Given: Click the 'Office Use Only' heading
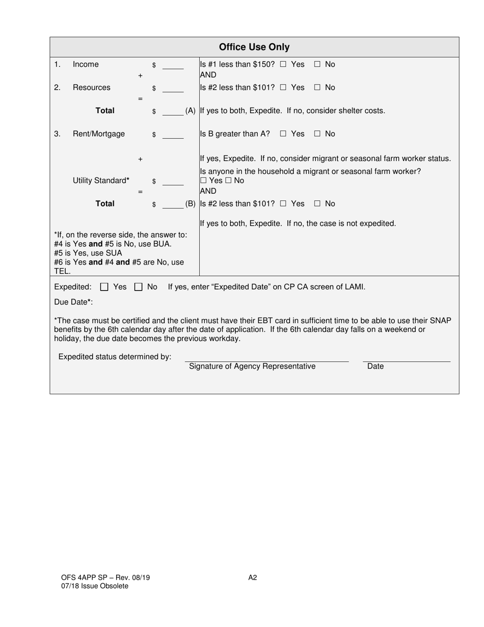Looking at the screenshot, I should point(254,47).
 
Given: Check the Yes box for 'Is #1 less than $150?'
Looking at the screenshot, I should point(283,65).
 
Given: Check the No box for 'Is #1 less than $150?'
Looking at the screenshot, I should point(317,65).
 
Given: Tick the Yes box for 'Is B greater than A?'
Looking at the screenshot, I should point(283,134).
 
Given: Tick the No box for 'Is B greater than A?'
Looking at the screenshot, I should point(317,134).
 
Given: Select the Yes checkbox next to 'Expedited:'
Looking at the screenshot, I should point(104,287).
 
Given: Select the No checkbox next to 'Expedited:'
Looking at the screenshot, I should point(138,287).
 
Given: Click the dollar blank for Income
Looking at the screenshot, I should point(173,65).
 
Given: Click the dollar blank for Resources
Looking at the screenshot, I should point(173,89).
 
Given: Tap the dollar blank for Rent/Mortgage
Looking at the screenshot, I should point(173,135).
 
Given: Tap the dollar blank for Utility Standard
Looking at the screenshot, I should point(173,181).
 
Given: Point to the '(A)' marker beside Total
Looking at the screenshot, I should point(191,111).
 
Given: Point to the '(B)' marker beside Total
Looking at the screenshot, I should point(191,204).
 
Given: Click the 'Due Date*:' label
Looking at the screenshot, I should point(73,302).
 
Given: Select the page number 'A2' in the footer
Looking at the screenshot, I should point(253,578).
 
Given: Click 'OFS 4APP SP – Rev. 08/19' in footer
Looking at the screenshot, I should point(105,578).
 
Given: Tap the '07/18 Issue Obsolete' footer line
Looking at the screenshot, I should point(95,586).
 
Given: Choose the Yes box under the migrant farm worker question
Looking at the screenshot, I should point(203,181).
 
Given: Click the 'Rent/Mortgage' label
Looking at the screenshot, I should point(99,134).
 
